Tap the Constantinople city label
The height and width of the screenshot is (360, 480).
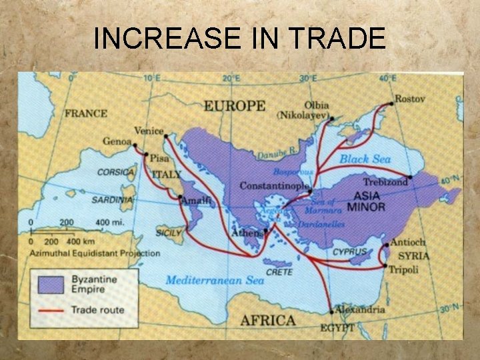tap(274, 185)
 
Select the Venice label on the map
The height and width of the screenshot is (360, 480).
tap(149, 131)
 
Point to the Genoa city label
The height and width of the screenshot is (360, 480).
tap(117, 141)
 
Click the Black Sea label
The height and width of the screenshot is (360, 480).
tap(365, 159)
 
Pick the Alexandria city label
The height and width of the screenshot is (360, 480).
tap(361, 309)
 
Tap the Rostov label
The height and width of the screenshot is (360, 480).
tap(409, 99)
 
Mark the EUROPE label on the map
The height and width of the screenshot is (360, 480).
tap(234, 106)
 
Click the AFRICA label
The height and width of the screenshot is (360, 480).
tap(267, 321)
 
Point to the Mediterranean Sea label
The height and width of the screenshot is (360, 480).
tap(215, 280)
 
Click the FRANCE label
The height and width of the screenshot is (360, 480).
tap(86, 113)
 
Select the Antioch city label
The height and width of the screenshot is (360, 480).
tap(408, 243)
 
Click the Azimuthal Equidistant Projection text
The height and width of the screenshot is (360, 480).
tap(94, 253)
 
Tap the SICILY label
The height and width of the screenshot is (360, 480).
tap(169, 233)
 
